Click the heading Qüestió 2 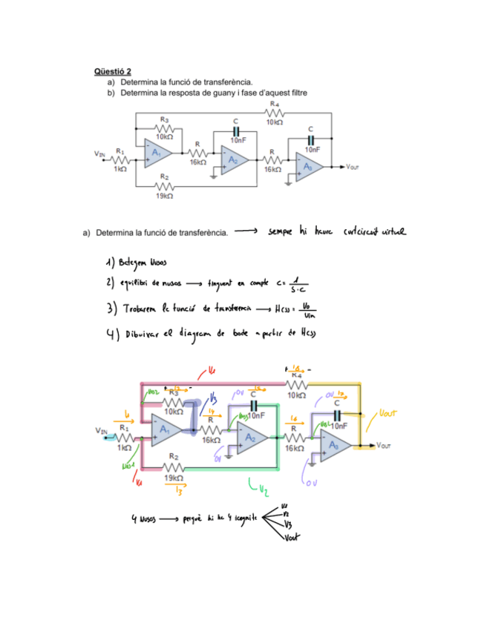113,71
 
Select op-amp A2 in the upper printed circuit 232,159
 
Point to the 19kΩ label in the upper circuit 165,196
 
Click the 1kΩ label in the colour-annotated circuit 124,447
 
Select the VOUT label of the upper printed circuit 353,167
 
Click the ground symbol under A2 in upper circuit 214,175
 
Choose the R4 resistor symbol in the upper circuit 275,112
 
